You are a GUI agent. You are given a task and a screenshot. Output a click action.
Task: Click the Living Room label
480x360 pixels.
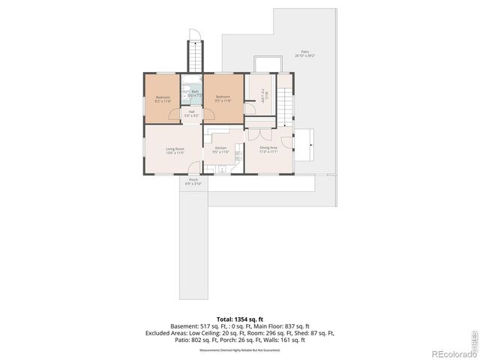pos(175,151)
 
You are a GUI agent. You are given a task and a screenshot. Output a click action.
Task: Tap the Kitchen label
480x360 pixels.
pos(220,150)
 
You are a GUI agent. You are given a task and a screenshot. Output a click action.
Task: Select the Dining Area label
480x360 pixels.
pos(268,149)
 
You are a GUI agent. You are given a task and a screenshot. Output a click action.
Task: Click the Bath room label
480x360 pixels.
pos(194,93)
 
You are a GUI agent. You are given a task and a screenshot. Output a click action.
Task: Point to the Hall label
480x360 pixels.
pos(192,114)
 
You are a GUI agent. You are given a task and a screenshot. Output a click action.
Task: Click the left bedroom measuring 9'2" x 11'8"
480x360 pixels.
pos(163,98)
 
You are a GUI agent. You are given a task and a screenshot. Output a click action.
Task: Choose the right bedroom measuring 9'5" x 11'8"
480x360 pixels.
pos(223,98)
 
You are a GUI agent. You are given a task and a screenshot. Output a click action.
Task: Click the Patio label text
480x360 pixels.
pos(304,54)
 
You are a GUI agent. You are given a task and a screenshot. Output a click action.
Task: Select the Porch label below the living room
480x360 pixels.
pos(193,181)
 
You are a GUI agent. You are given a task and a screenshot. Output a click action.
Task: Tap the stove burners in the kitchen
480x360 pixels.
pos(238,157)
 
